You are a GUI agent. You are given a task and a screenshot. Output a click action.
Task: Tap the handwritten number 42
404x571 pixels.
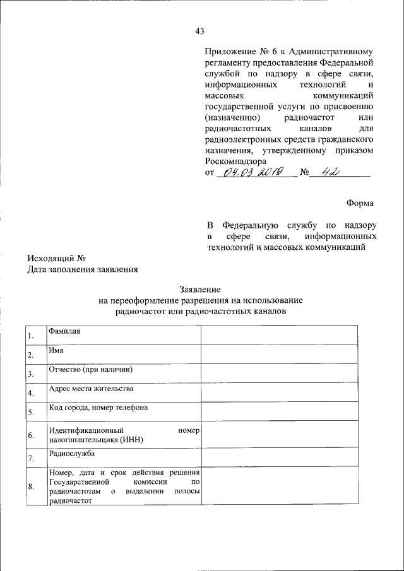328,172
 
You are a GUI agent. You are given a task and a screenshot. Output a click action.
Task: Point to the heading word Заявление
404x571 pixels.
200,288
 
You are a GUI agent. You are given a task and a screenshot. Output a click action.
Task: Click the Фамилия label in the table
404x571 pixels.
64,330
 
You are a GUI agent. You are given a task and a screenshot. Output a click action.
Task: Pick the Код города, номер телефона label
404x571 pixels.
98,407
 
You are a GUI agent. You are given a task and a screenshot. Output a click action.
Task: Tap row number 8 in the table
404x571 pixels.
31,486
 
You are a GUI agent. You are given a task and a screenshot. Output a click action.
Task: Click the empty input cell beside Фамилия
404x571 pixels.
279,334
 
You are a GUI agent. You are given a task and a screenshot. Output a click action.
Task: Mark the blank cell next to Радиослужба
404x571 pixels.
279,457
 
